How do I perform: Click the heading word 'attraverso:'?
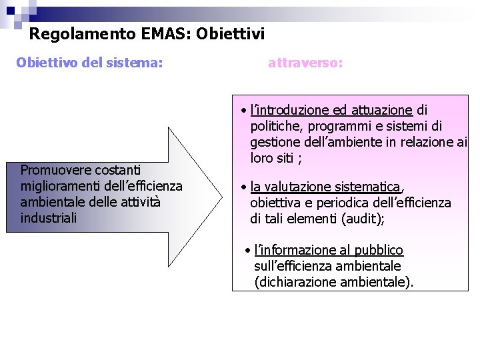tap(305, 63)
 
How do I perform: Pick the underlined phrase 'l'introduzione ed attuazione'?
tap(331, 110)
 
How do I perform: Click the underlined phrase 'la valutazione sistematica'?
tap(325, 187)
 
